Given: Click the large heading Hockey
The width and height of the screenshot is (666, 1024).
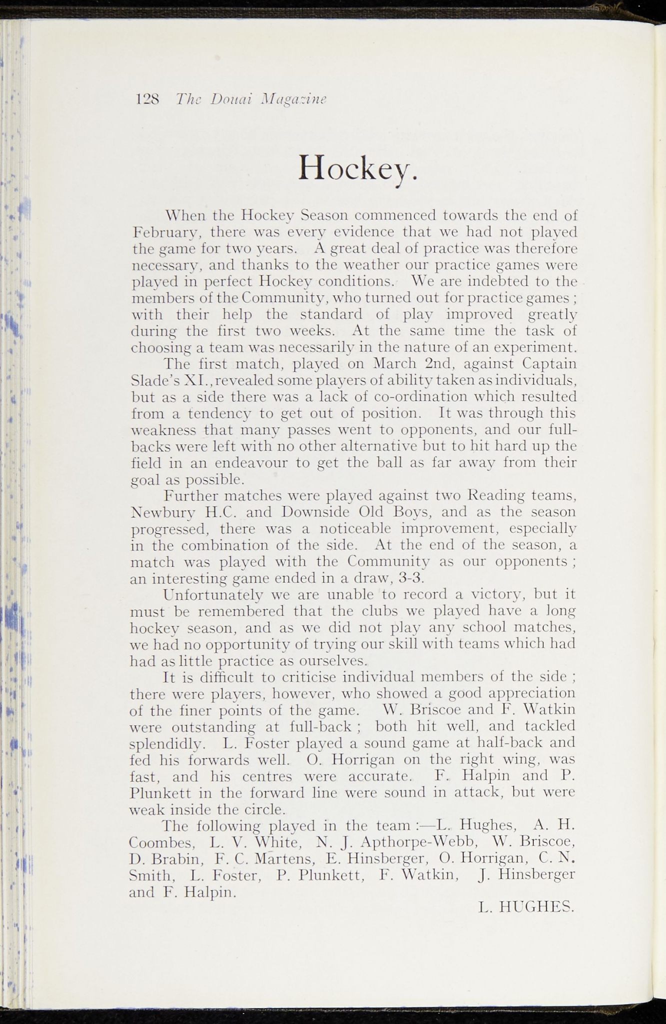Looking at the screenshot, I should coord(357,168).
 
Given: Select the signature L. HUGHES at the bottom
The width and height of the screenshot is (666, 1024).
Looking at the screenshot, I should coord(525,906).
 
